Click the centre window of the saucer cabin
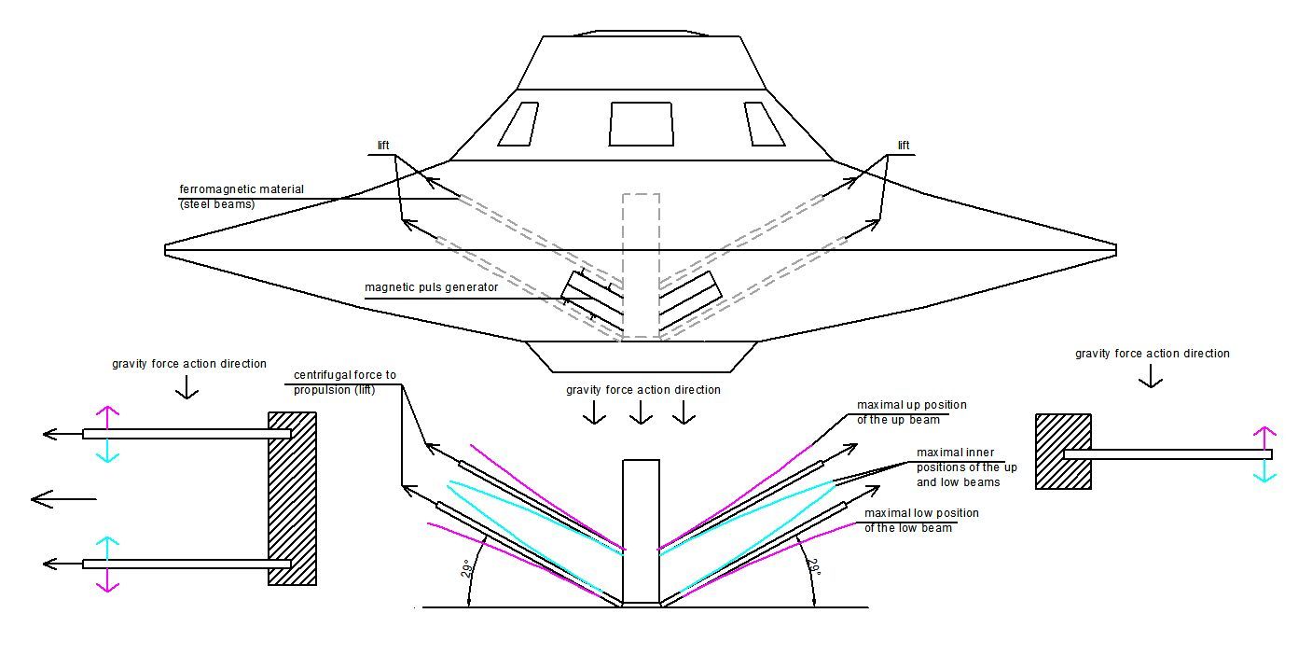coord(642,124)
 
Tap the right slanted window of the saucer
coord(764,124)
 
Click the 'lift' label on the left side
coord(383,146)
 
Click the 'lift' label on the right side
coord(904,146)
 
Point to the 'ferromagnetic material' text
coord(242,189)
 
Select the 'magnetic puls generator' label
coord(431,287)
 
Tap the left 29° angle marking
coord(466,569)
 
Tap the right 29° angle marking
coord(815,567)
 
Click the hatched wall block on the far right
coord(1063,452)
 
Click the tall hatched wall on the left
coord(292,498)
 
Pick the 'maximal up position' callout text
coord(911,412)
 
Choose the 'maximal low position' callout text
coord(921,521)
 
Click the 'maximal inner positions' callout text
coord(966,467)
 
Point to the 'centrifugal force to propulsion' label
coord(344,383)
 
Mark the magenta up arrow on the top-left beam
coord(107,417)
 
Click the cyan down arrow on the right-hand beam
coord(1264,471)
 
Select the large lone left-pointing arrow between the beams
coord(63,499)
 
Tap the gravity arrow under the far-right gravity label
coord(1151,376)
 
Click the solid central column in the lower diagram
coord(641,532)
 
